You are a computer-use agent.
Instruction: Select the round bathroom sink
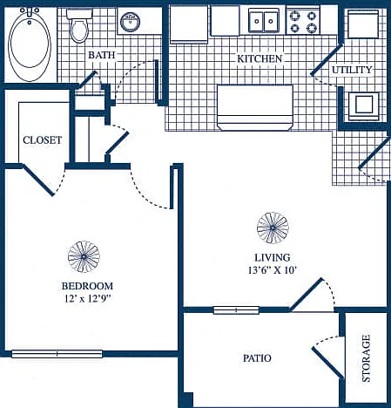[x=130, y=22]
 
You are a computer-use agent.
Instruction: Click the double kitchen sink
[x=264, y=21]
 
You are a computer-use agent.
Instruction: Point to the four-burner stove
[x=303, y=22]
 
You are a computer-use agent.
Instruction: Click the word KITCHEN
[x=260, y=58]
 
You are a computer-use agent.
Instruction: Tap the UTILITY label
[x=352, y=70]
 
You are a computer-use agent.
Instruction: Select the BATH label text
[x=102, y=55]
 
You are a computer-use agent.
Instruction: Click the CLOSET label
[x=43, y=140]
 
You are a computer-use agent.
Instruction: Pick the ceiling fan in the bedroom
[x=84, y=256]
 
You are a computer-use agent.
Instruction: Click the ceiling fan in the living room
[x=273, y=228]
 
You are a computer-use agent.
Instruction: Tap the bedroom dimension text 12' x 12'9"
[x=87, y=298]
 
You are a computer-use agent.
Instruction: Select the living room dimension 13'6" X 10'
[x=272, y=270]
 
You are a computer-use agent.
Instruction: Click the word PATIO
[x=257, y=358]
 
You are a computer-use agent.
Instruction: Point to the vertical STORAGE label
[x=366, y=358]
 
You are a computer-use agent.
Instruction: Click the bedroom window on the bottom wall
[x=57, y=354]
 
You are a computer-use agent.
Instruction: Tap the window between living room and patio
[x=236, y=310]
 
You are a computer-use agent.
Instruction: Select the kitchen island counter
[x=255, y=107]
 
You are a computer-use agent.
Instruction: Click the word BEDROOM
[x=87, y=286]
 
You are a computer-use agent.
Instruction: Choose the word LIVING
[x=273, y=257]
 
